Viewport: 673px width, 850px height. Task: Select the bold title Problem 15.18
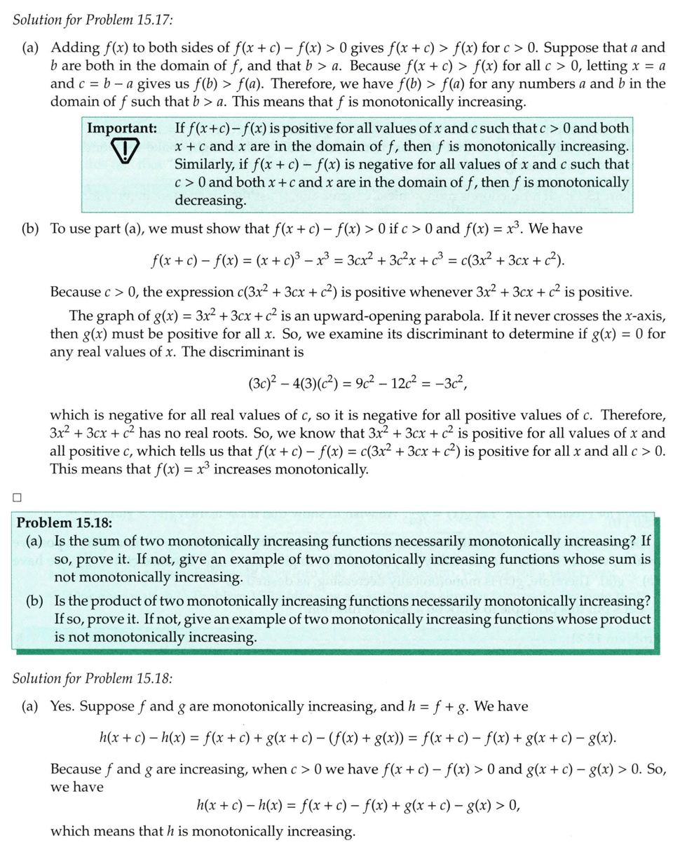click(64, 522)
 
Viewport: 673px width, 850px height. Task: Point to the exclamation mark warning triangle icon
click(124, 151)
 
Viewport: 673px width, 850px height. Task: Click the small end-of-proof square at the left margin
click(17, 498)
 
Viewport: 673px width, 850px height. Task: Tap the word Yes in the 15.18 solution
click(62, 706)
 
